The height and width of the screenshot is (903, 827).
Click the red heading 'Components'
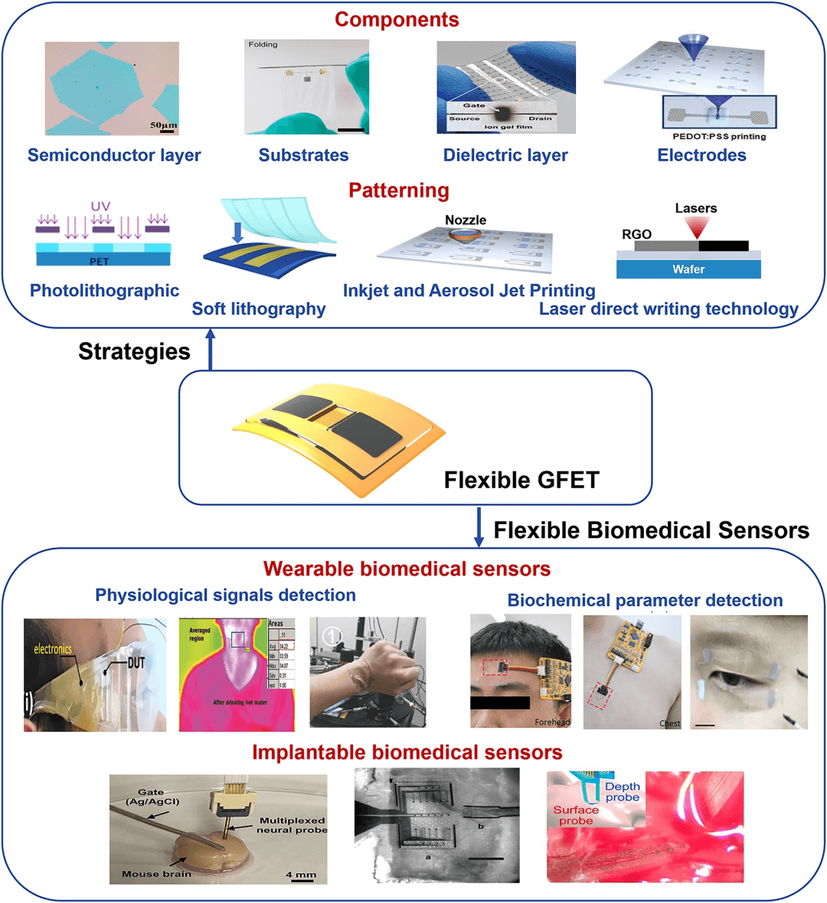pos(397,20)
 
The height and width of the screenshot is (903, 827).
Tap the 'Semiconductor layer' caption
pos(114,155)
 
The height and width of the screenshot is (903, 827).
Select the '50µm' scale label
pos(163,125)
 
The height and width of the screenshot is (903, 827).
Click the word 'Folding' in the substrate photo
pos(263,45)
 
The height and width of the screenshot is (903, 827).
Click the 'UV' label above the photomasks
pos(100,206)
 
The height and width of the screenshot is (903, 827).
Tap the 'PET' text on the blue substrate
pos(100,262)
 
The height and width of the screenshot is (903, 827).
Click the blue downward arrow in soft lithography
pos(237,232)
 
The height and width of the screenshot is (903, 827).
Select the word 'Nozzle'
pos(466,220)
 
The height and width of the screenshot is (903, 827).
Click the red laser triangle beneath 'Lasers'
pos(698,227)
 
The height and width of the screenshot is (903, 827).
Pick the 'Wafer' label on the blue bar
pos(688,269)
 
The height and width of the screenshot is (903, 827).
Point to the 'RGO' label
pos(636,234)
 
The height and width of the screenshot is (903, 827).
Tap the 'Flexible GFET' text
pos(521,480)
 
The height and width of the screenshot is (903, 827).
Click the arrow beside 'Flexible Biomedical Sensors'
pos(479,527)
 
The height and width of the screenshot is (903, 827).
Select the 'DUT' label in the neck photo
pos(136,663)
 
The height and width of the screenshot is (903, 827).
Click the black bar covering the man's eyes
pos(499,703)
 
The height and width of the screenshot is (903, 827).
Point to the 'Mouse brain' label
pos(156,874)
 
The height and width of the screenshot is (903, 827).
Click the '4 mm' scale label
pos(300,874)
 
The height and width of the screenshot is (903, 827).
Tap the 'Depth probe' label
pos(623,792)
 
